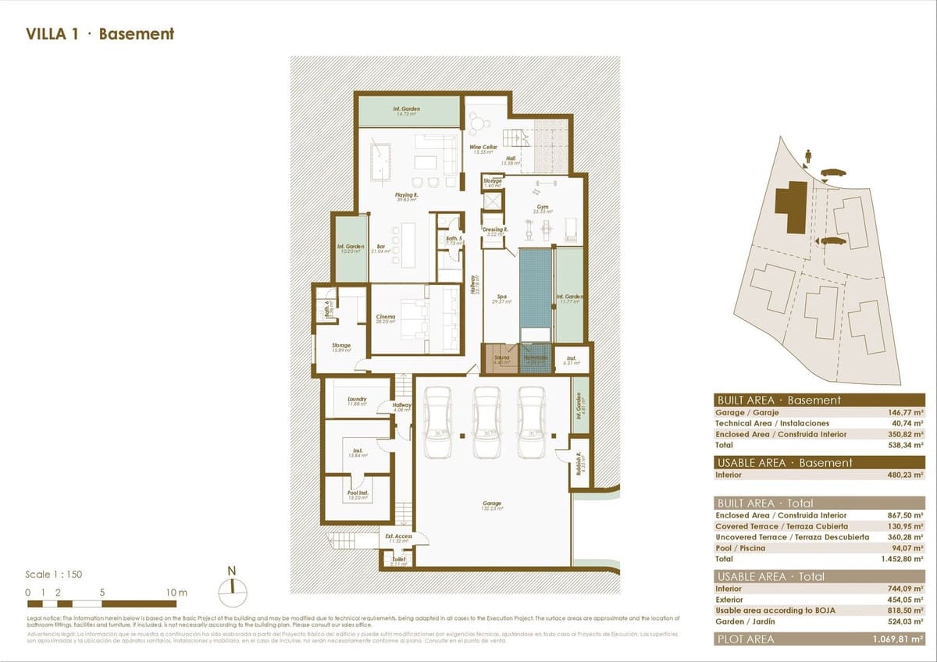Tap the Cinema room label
[386, 317]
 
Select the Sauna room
[501, 358]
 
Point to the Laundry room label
[356, 400]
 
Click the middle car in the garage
[487, 422]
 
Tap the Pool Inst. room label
[358, 493]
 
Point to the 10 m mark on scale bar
[176, 593]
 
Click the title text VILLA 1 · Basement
[100, 34]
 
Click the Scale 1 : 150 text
[54, 575]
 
